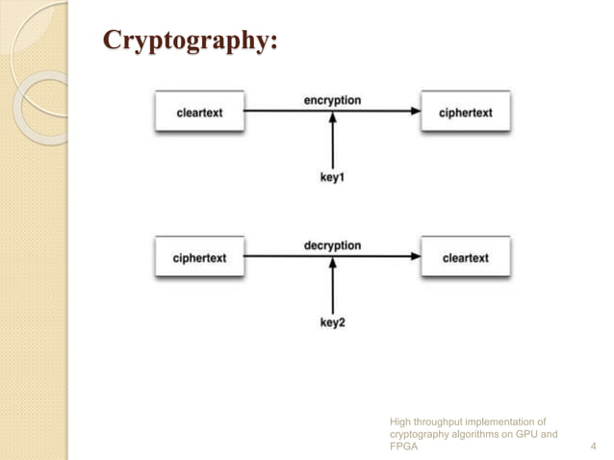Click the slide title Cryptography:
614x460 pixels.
point(191,42)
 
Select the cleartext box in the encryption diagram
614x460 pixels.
point(199,113)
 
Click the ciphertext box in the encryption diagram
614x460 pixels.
point(466,113)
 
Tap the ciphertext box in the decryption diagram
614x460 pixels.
point(199,258)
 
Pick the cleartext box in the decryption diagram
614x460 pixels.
point(466,258)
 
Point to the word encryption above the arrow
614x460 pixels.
point(332,100)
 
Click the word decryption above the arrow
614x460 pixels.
point(332,245)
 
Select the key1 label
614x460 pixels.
point(332,178)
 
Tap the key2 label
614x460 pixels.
point(332,323)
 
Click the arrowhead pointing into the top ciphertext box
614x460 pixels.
point(415,112)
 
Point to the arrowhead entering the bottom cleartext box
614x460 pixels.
point(415,257)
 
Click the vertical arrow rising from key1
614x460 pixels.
point(332,144)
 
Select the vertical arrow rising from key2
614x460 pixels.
point(332,289)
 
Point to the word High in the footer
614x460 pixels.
point(400,421)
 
